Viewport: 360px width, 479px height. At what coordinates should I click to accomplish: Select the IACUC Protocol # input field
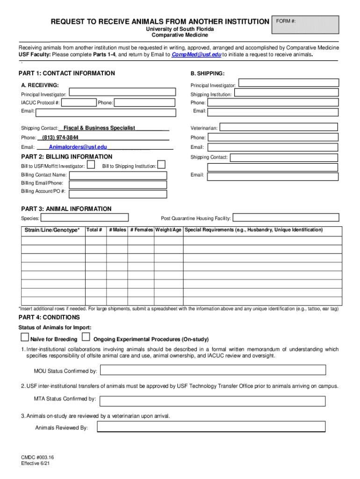pyautogui.click(x=79, y=103)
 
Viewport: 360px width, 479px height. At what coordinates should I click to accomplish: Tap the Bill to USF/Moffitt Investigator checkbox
pyautogui.click(x=92, y=165)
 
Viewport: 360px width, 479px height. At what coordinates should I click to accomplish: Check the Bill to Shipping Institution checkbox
pyautogui.click(x=161, y=165)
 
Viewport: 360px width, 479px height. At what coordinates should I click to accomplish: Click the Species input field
pyautogui.click(x=85, y=218)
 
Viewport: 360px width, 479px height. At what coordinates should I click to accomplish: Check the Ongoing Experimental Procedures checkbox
pyautogui.click(x=86, y=337)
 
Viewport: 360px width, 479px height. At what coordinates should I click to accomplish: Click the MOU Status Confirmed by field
pyautogui.click(x=213, y=370)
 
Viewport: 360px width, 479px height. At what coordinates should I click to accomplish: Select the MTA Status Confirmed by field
pyautogui.click(x=213, y=400)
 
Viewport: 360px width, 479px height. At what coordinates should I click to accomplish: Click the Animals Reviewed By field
pyautogui.click(x=211, y=427)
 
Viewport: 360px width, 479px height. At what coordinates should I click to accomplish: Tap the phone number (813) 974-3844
pyautogui.click(x=60, y=138)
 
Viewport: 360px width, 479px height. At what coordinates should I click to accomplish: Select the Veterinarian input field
pyautogui.click(x=278, y=127)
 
